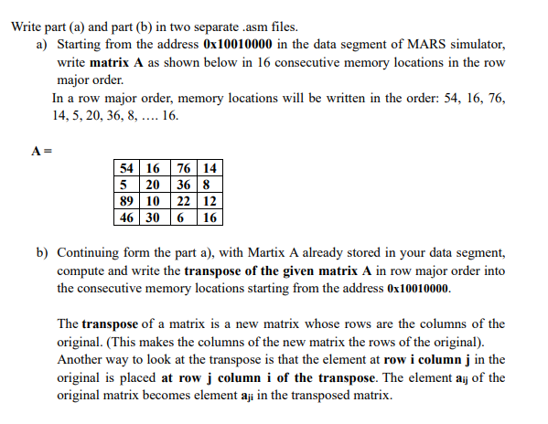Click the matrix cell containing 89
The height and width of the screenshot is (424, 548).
[128, 200]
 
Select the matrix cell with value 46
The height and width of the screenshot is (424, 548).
[128, 217]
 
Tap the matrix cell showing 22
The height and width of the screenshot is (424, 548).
[183, 200]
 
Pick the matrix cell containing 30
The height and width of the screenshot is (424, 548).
[153, 217]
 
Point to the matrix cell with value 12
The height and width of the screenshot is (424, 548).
[210, 200]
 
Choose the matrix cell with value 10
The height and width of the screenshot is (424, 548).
[153, 200]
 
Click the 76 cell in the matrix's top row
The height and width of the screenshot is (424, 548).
[183, 167]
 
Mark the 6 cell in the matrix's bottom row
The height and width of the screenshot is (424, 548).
[183, 217]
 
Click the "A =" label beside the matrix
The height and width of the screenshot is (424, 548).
[39, 149]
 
